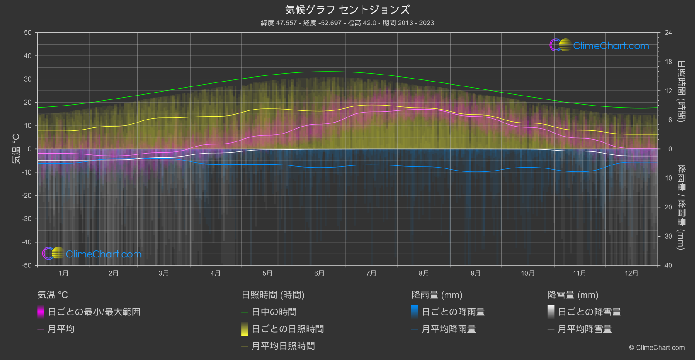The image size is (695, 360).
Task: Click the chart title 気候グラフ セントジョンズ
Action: [x=347, y=10]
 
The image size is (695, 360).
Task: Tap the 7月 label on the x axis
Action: [x=371, y=273]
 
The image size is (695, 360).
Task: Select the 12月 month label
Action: [x=631, y=273]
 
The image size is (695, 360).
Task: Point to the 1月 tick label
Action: [x=64, y=273]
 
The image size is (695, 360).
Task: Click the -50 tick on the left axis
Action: [x=27, y=265]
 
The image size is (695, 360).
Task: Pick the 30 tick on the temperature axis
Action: [x=28, y=79]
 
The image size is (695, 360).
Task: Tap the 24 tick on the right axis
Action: [x=668, y=33]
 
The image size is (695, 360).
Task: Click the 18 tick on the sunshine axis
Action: [x=668, y=62]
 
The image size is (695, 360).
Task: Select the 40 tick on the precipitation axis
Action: [x=668, y=265]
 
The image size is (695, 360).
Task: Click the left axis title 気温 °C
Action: [x=16, y=149]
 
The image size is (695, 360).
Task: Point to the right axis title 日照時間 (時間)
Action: [x=681, y=91]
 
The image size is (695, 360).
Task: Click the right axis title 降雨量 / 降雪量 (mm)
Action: [x=681, y=207]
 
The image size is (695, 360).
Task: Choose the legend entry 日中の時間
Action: [x=274, y=312]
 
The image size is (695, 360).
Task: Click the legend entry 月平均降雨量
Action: [x=448, y=329]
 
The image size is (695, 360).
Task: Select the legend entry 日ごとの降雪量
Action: [x=589, y=312]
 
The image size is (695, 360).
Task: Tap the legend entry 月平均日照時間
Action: [x=283, y=346]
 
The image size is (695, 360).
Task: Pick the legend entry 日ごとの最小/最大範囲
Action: [x=94, y=312]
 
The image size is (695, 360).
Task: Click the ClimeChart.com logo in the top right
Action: [x=599, y=45]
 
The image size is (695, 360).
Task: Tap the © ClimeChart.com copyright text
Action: [x=657, y=348]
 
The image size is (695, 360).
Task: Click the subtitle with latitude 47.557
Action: [x=347, y=23]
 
